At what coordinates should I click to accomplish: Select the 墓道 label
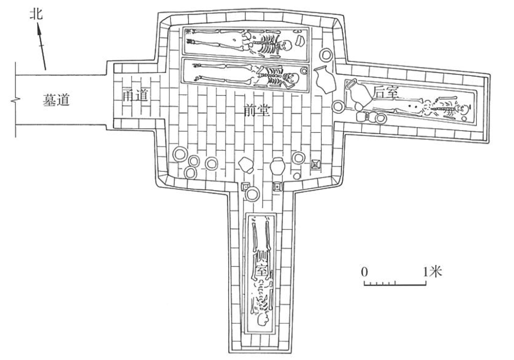(x=57, y=101)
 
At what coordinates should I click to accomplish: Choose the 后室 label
(x=386, y=92)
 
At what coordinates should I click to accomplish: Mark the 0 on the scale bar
(x=365, y=272)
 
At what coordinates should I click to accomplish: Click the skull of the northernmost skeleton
(x=286, y=46)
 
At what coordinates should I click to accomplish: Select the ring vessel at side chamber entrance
(x=252, y=193)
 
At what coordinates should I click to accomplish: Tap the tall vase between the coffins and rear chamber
(x=323, y=80)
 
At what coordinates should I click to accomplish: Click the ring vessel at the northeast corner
(x=326, y=55)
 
